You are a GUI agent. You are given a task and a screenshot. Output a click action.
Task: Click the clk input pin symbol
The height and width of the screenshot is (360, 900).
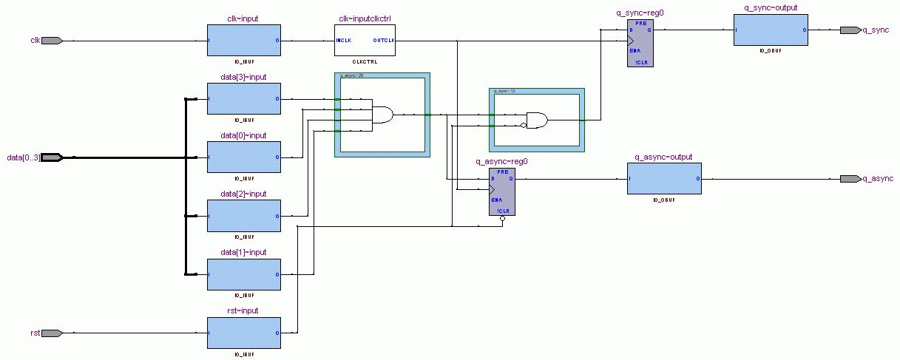[52, 40]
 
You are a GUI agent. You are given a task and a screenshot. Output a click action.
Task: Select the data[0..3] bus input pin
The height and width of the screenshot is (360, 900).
[52, 157]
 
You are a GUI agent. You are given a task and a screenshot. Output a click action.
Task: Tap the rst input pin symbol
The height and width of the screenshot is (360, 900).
[52, 333]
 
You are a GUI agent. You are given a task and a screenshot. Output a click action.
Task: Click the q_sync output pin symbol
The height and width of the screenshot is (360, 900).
[850, 30]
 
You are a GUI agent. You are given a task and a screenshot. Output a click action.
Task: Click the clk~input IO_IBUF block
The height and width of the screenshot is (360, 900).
[244, 40]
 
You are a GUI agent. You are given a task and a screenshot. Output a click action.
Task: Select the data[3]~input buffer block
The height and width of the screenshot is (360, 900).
[244, 98]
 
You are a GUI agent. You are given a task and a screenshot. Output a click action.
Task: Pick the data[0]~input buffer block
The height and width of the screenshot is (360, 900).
[244, 157]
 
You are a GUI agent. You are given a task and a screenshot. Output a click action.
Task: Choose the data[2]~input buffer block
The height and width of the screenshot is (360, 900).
[244, 216]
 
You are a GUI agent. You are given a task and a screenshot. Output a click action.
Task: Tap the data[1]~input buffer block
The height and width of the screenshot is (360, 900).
[244, 274]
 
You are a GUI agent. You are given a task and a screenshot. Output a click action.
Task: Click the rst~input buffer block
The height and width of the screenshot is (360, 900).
[244, 333]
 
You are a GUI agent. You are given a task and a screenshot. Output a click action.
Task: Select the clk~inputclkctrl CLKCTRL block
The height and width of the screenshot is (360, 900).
[365, 40]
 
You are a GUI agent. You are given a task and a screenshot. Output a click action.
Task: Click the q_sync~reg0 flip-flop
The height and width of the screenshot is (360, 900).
[640, 44]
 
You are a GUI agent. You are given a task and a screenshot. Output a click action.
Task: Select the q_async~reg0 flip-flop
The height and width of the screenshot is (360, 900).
[502, 191]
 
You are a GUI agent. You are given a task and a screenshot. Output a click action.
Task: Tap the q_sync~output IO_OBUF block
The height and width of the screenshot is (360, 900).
[771, 30]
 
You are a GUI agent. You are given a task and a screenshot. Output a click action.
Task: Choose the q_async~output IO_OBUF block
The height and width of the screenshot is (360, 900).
[664, 179]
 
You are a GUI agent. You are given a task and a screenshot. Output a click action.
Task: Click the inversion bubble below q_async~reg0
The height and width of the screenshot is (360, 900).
[502, 219]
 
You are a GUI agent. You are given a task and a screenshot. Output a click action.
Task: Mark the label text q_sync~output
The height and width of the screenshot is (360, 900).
[771, 8]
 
